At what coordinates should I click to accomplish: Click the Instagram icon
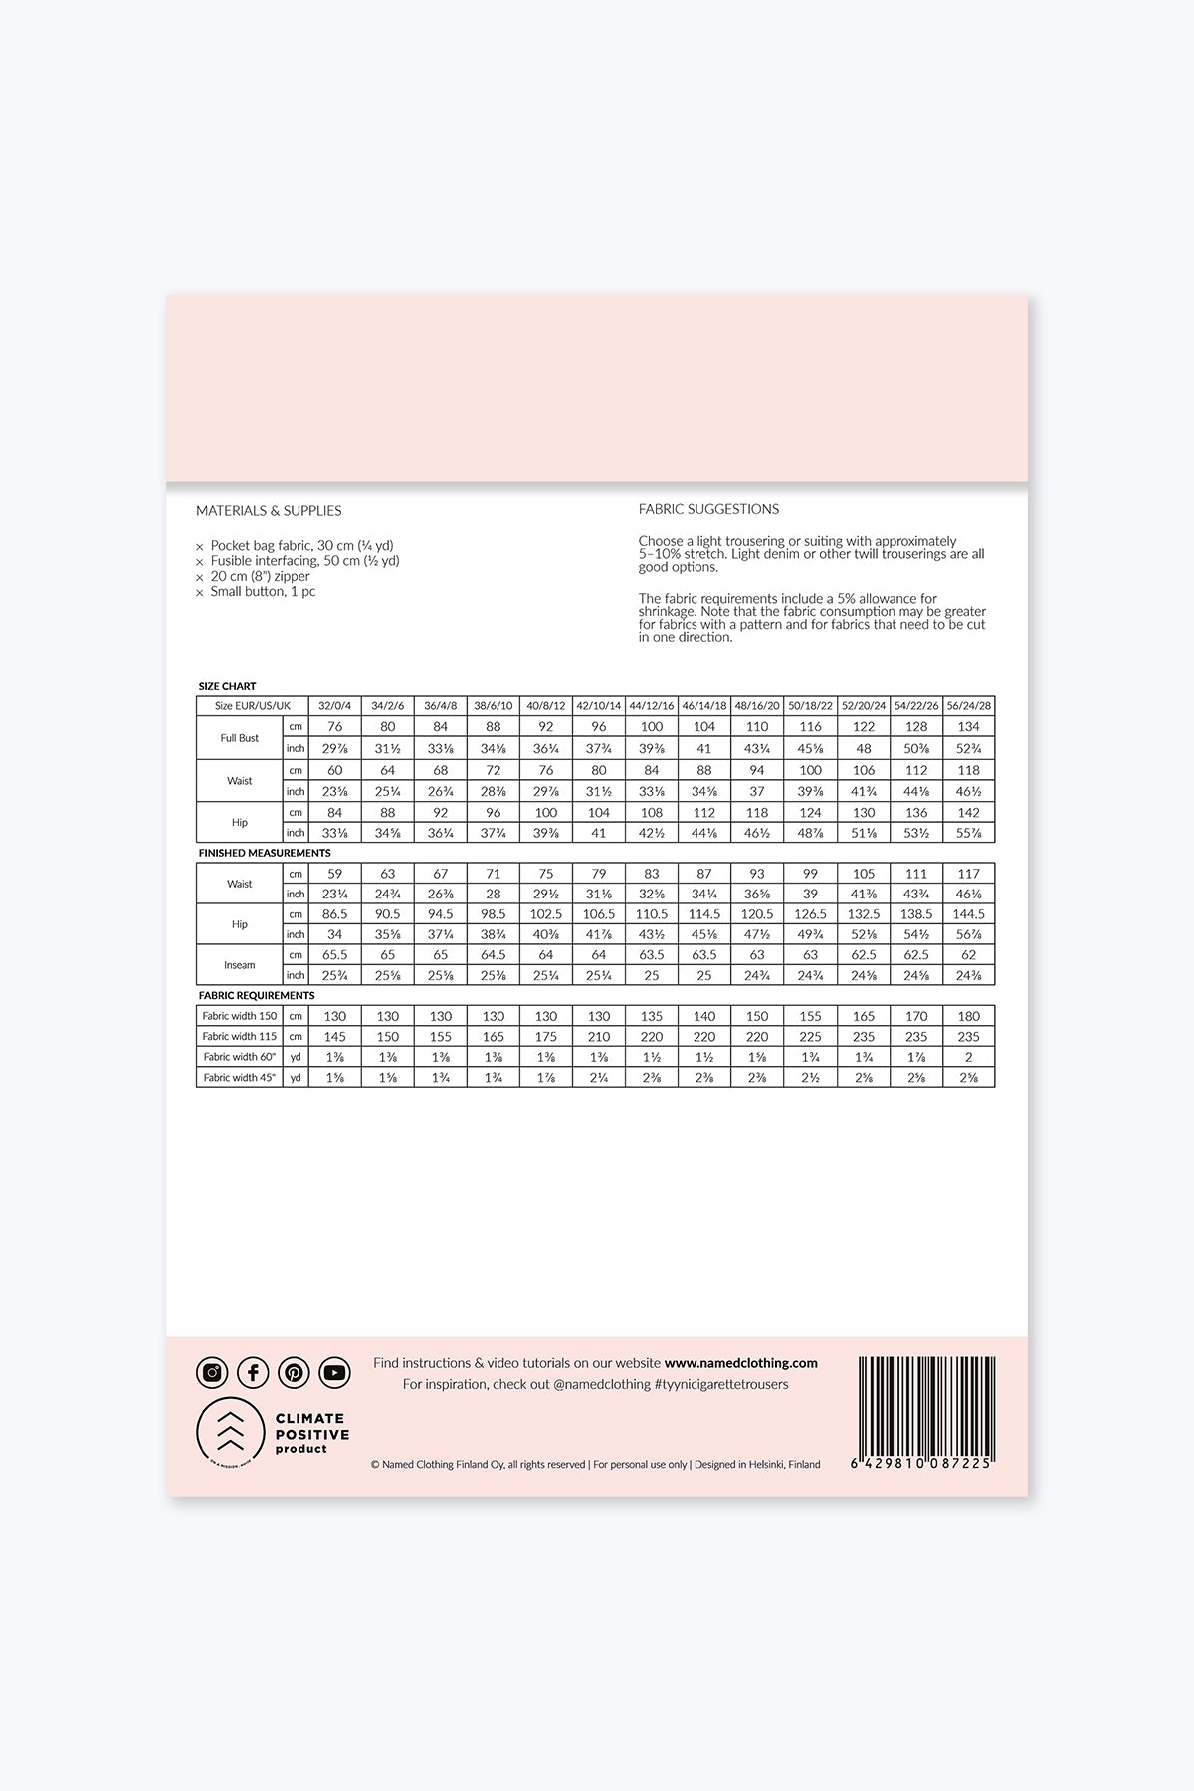tap(212, 1373)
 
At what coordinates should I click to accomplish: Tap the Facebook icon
tap(253, 1373)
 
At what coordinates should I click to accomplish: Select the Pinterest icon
tap(294, 1373)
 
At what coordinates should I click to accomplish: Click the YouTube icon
tap(335, 1373)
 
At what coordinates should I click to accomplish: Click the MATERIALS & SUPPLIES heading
tap(269, 511)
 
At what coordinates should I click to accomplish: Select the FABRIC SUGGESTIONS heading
tap(708, 509)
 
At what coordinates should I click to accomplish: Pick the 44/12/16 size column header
tap(651, 706)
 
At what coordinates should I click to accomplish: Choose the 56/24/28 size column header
tap(968, 706)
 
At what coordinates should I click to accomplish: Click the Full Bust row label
tap(240, 738)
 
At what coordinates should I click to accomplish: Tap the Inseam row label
tap(240, 965)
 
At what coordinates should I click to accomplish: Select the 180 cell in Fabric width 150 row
tap(968, 1016)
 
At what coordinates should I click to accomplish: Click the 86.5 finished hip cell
tap(334, 914)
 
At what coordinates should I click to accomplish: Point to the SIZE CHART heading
tap(227, 686)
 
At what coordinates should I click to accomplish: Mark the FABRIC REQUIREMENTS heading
tap(257, 995)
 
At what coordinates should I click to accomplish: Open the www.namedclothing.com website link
tap(740, 1363)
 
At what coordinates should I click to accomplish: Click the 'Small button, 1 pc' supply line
tap(263, 592)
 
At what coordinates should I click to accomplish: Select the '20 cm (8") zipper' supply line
tap(260, 577)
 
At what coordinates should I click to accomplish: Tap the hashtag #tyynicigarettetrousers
tap(720, 1384)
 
